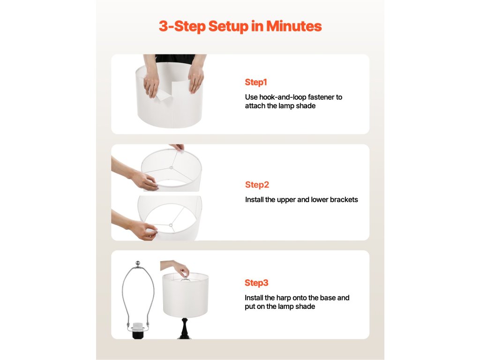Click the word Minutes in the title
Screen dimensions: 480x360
[294, 26]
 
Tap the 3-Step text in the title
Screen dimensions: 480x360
[182, 27]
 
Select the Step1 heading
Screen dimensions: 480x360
[256, 82]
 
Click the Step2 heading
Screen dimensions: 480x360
[257, 185]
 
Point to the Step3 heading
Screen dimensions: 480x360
[256, 283]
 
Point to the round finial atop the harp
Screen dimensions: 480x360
[138, 263]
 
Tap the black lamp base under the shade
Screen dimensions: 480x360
[185, 329]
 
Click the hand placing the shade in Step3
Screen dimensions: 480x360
[176, 267]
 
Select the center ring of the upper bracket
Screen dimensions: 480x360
[171, 167]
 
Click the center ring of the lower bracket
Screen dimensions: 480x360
[171, 225]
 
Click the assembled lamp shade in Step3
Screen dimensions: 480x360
[186, 295]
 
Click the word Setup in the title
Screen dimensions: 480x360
[228, 27]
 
